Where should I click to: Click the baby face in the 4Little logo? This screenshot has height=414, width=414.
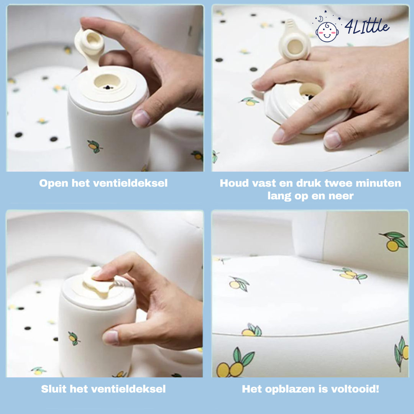click(327, 32)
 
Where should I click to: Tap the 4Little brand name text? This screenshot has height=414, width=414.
click(367, 26)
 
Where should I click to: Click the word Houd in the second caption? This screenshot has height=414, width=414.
click(235, 183)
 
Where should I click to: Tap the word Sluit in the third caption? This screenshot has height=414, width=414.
click(54, 389)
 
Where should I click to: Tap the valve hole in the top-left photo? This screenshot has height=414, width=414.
click(107, 82)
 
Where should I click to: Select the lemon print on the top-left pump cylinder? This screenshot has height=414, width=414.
click(95, 146)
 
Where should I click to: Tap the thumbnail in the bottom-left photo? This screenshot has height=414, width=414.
click(110, 337)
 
